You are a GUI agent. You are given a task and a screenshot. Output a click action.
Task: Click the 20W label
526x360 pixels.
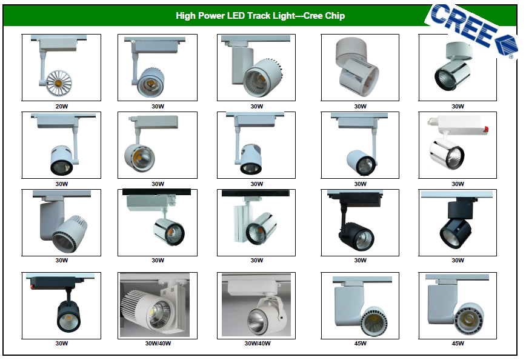[x=62, y=106]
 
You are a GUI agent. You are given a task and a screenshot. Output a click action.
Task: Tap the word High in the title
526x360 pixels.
[x=185, y=16]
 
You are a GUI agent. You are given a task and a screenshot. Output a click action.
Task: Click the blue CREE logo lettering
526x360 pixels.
[x=463, y=25]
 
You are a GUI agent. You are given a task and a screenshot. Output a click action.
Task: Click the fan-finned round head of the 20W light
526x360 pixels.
[x=59, y=82]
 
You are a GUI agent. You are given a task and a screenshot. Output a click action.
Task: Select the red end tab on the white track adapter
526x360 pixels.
[x=486, y=128]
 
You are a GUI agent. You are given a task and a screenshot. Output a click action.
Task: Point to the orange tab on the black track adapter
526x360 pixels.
[x=33, y=286]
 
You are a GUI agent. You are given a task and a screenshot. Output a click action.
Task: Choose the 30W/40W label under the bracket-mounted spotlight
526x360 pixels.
[x=258, y=344]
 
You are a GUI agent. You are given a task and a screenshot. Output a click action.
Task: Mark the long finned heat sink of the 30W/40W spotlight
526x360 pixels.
[x=134, y=305]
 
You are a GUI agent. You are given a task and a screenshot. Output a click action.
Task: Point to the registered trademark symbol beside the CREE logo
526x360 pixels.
[x=511, y=57]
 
